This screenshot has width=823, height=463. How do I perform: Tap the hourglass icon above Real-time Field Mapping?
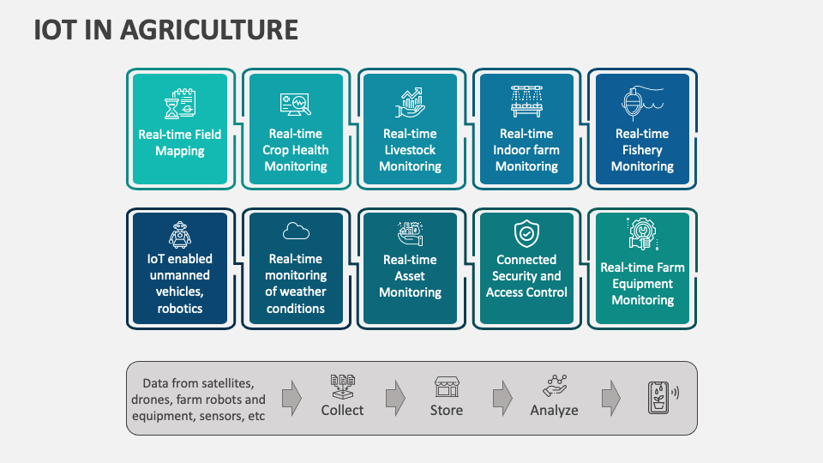pos(180,105)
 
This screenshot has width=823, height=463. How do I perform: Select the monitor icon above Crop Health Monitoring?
pos(296,105)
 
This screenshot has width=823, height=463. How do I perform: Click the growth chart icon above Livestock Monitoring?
pos(411,104)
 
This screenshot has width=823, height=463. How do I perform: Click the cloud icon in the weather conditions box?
pos(296,231)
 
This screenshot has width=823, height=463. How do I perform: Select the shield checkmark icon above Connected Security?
pos(526,232)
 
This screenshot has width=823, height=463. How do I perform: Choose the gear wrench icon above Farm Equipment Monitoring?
pos(642,233)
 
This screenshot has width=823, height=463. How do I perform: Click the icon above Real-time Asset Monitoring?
pos(411,232)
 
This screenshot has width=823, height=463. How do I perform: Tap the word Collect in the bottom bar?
pos(342,411)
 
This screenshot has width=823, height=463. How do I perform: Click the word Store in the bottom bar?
pos(446,411)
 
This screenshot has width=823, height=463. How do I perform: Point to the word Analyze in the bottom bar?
pos(554,411)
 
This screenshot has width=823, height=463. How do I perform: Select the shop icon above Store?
pos(446,386)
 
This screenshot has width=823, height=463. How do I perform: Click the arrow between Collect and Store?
pos(394,398)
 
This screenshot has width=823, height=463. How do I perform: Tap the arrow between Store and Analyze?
pos(502,398)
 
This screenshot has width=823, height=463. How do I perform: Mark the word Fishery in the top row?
pos(642,150)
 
